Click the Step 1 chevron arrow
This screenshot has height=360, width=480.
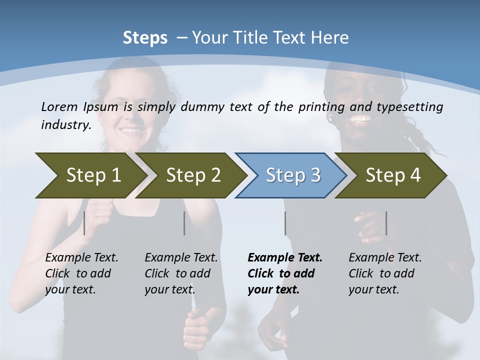tap(90, 175)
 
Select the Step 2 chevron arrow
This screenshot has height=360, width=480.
tap(192, 175)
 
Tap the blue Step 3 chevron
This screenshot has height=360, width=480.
tap(292, 175)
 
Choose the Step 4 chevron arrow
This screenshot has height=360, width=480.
tap(392, 175)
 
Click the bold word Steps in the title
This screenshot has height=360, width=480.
tap(145, 38)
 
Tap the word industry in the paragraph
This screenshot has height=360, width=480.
tap(65, 124)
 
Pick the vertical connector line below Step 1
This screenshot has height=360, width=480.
tap(84, 223)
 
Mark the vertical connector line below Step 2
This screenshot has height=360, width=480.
tap(184, 223)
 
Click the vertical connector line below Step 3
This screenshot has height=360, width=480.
tap(285, 223)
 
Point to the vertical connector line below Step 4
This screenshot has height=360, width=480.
tap(386, 223)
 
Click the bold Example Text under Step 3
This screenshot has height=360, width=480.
tap(285, 258)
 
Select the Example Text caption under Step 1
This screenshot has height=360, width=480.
tap(81, 258)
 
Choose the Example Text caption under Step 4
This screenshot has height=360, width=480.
tap(385, 258)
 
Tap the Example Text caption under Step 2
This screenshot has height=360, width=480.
tap(181, 258)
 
